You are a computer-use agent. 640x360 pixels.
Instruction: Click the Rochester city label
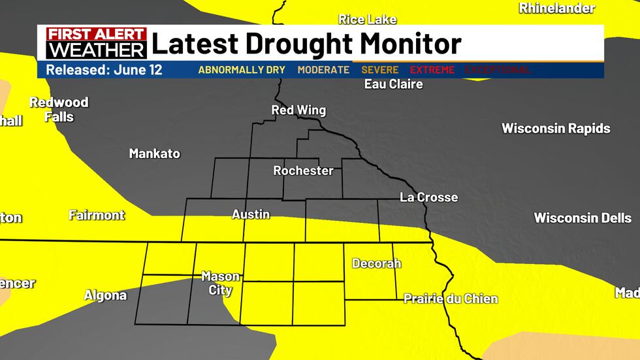[x=303, y=171]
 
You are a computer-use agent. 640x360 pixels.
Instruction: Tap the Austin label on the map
[x=251, y=214]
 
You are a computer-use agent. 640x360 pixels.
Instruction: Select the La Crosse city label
[x=429, y=197]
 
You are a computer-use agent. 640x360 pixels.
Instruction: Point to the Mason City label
[x=220, y=283]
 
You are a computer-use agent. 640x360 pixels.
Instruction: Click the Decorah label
[x=376, y=264]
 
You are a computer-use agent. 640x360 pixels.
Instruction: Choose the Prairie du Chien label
[x=451, y=299]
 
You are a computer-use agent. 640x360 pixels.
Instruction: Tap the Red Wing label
[x=298, y=110]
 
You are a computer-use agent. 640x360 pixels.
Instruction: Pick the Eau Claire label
[x=393, y=84]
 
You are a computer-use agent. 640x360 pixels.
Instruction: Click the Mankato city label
[x=154, y=154]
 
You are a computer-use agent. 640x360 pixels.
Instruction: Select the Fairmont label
[x=97, y=215]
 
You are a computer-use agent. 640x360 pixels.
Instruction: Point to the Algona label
[x=105, y=295]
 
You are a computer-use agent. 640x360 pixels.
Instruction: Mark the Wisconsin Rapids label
[x=556, y=129]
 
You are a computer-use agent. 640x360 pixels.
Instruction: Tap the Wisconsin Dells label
[x=583, y=218]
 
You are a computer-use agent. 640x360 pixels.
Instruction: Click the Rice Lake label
[x=367, y=20]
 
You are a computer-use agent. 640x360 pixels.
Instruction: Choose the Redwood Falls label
[x=59, y=110]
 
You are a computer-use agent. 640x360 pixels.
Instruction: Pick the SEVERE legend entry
[x=380, y=70]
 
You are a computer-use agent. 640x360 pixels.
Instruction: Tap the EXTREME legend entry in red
[x=433, y=70]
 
